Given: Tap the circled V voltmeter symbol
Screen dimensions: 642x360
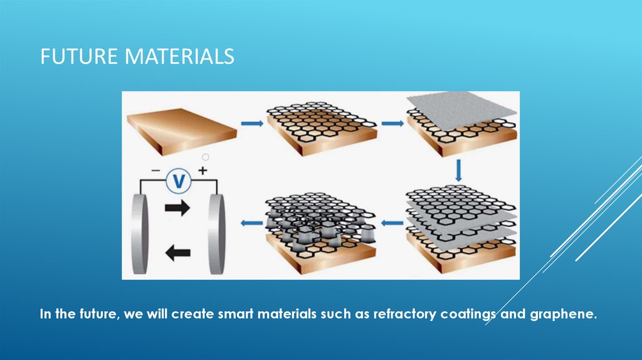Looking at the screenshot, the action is (179, 181).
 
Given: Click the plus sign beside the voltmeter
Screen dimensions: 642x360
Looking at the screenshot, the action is (203, 171).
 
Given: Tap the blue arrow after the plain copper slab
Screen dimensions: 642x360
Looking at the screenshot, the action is (252, 125).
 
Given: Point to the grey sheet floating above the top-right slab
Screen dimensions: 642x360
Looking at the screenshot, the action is (461, 114).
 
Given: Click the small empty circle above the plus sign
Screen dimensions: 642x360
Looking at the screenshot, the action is (205, 157).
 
